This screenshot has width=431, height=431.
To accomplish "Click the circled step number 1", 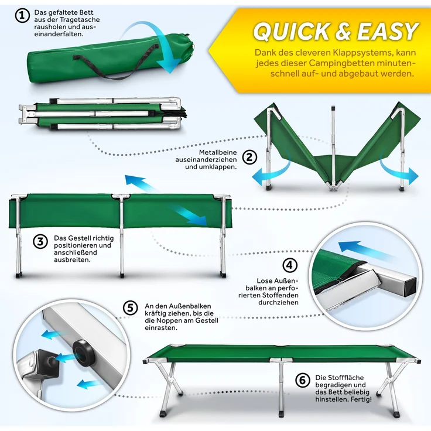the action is tap(22, 16).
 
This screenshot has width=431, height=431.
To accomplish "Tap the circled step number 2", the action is tap(249, 158).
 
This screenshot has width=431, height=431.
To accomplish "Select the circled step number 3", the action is tap(40, 242).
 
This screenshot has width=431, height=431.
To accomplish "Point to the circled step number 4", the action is tap(290, 265).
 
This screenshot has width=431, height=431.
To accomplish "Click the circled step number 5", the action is tap(130, 308).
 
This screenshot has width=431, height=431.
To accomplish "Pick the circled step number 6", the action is tap(303, 381).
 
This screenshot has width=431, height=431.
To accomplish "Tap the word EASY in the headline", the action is tap(388, 31).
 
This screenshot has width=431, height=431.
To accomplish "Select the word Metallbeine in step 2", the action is tap(218, 152).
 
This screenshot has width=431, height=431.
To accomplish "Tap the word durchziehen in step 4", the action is tap(278, 303).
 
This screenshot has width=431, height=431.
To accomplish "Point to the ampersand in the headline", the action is tap(344, 31).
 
